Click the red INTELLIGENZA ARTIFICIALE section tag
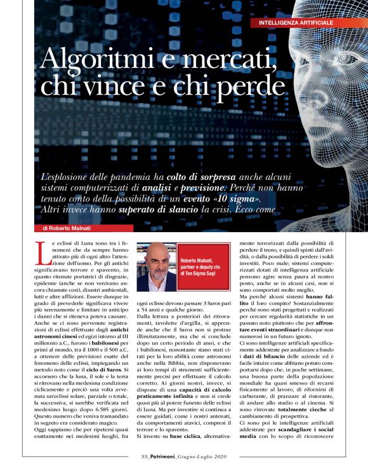(x=296, y=23)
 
